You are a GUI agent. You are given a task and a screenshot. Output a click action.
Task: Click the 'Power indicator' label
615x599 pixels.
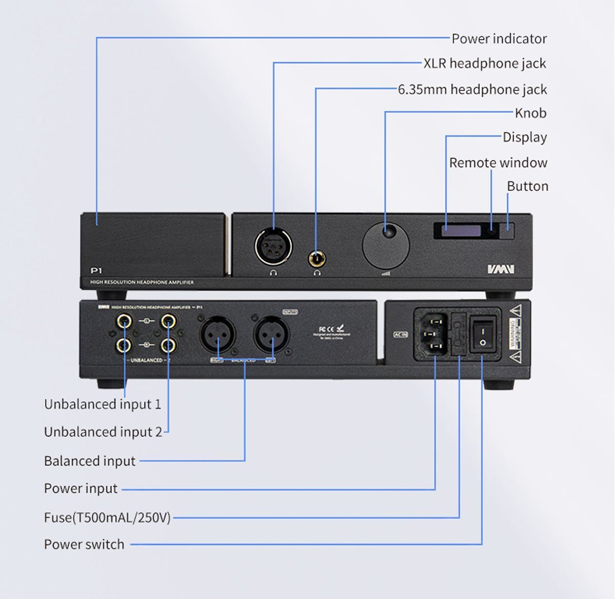click(499, 38)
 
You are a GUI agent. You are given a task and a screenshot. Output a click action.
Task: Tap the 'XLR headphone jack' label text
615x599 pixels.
click(484, 64)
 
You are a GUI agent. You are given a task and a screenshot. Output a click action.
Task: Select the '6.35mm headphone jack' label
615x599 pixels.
click(473, 90)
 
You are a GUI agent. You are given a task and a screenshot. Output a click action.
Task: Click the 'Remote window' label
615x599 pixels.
click(498, 163)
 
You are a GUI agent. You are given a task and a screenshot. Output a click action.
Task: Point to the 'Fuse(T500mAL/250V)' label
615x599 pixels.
click(107, 517)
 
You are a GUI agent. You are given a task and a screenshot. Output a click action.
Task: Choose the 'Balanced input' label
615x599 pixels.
click(90, 461)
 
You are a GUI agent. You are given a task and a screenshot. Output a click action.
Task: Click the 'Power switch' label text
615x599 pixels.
click(84, 544)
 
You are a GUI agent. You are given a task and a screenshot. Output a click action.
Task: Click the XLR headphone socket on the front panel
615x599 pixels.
click(273, 245)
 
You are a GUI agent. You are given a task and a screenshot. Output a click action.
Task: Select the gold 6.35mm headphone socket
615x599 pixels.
click(317, 257)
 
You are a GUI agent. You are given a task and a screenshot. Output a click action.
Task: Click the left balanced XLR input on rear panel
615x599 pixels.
click(217, 334)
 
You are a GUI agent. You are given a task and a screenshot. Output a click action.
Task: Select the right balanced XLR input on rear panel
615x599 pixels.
click(272, 334)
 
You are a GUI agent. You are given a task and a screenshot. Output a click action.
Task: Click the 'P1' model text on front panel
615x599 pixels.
click(96, 270)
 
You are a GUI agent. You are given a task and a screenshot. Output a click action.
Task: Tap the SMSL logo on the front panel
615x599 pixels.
click(500, 269)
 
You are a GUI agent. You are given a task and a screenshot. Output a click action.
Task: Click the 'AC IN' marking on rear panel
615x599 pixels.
click(400, 334)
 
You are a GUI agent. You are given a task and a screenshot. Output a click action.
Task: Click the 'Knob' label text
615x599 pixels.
click(530, 113)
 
